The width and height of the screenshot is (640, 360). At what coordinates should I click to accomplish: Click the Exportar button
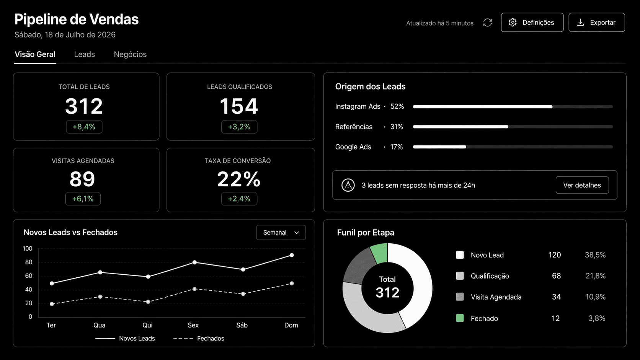[597, 22]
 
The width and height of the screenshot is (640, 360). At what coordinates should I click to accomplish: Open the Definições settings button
[532, 22]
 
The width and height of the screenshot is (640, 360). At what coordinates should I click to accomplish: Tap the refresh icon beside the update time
[487, 23]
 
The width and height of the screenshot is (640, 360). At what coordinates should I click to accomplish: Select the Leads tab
[84, 54]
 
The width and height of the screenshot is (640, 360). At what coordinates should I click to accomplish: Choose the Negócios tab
[130, 54]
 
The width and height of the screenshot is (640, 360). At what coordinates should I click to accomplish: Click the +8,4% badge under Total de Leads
[84, 127]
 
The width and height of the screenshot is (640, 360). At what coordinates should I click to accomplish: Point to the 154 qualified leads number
[239, 106]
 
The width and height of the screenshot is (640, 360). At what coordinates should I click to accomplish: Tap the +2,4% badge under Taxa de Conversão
[239, 199]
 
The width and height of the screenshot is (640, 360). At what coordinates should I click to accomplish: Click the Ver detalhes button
[582, 185]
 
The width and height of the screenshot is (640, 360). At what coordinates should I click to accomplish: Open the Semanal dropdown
[281, 232]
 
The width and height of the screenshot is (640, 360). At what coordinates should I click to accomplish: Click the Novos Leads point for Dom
[292, 255]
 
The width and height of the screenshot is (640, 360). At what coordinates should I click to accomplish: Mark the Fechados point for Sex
[194, 289]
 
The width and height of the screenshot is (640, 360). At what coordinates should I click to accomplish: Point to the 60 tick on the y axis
[29, 276]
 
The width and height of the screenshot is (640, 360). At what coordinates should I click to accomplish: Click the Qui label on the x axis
[147, 325]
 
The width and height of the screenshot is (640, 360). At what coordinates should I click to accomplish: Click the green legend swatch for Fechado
[460, 318]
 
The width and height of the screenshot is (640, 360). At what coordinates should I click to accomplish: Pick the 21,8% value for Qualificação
[596, 276]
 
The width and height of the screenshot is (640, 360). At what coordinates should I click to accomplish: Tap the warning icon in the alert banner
[348, 185]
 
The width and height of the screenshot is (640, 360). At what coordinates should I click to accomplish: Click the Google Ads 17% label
[369, 147]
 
